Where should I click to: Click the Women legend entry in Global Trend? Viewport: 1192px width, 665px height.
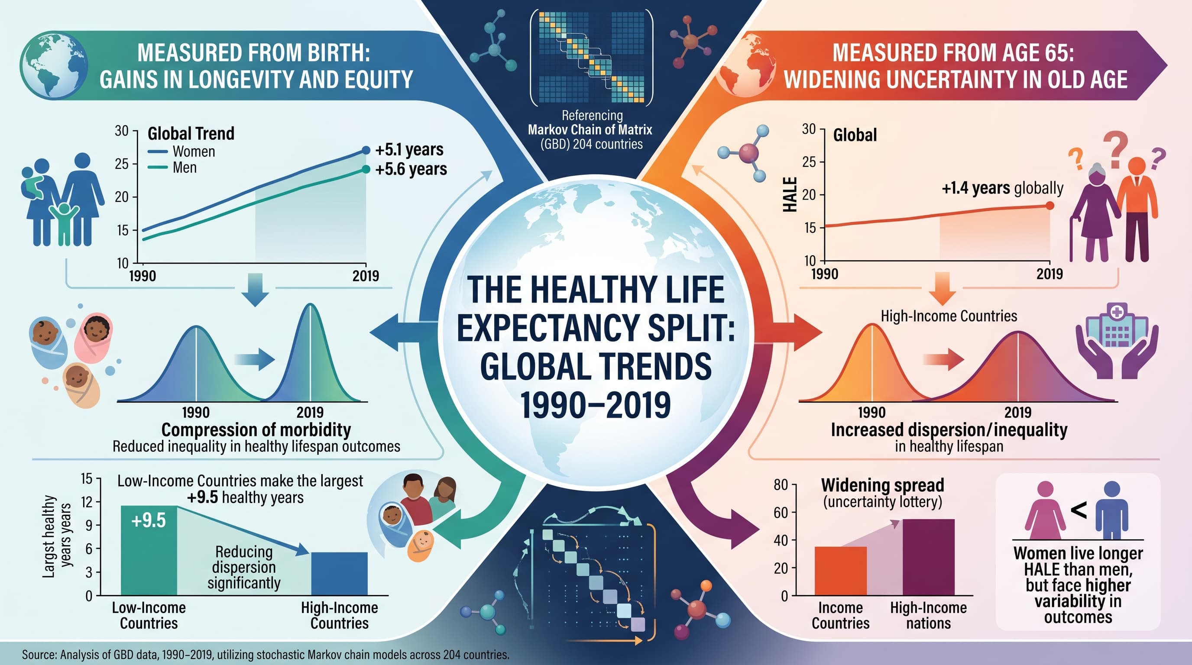click(181, 151)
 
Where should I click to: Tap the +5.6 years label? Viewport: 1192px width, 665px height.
click(411, 169)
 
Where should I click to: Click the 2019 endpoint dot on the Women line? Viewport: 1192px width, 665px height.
click(366, 150)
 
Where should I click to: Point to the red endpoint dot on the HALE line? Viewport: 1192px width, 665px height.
click(1049, 206)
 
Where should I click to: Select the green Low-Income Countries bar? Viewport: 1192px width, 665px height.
click(149, 550)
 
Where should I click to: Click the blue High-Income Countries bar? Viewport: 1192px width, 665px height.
click(339, 574)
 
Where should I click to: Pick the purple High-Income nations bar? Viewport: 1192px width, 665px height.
click(928, 557)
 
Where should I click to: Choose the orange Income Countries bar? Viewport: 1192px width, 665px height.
click(840, 571)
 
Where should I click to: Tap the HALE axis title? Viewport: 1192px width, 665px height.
click(790, 194)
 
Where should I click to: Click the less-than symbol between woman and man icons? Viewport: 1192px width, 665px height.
click(1079, 510)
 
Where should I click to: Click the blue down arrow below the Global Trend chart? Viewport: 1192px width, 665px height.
click(256, 290)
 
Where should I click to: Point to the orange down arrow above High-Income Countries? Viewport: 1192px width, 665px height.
click(942, 288)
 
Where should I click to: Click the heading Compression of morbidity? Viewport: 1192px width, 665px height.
click(256, 429)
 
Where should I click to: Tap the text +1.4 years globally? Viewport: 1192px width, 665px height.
click(1002, 188)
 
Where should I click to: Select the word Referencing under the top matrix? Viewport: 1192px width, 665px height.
click(592, 115)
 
